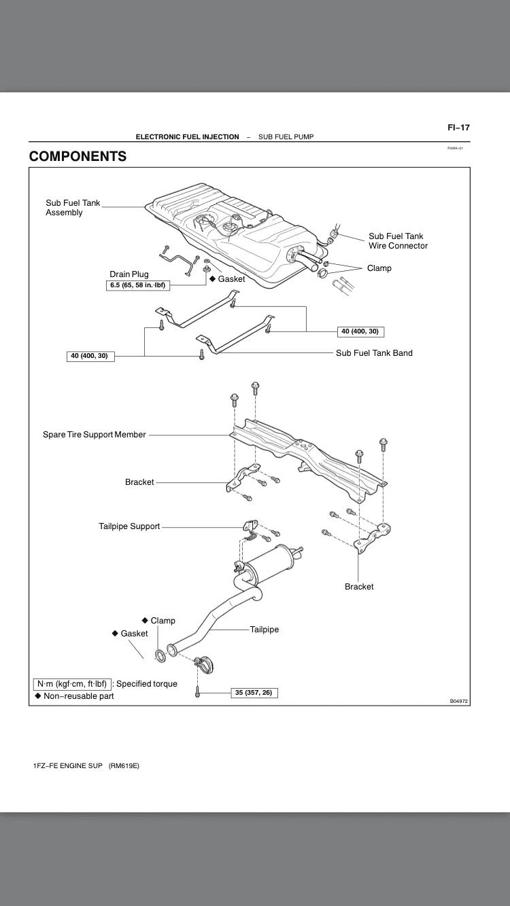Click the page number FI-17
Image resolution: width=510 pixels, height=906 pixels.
pos(458,127)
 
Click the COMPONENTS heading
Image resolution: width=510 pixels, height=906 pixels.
pos(78,156)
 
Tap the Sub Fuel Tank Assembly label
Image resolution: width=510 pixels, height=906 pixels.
pos(73,208)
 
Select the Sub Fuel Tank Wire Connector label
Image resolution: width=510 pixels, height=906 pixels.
pos(398,241)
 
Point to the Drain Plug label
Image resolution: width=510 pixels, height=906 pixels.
pos(129,274)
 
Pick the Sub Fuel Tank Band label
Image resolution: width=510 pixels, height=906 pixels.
pos(374,353)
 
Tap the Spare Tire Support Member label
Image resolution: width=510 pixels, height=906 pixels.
pos(95,435)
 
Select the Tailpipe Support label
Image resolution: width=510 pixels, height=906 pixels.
pos(129,526)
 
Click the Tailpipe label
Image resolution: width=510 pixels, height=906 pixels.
pos(265,630)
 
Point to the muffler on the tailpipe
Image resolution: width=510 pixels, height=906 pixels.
pos(268,563)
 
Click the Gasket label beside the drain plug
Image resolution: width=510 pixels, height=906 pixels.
pos(231,279)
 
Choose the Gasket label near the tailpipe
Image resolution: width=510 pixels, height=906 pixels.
pos(133,634)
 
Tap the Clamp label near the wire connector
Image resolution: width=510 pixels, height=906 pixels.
pos(379,268)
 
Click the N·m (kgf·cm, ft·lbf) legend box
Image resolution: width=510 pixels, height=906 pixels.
pos(72,684)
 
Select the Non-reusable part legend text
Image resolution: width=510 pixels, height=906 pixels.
pos(78,696)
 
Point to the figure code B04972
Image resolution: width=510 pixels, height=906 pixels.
pos(459,701)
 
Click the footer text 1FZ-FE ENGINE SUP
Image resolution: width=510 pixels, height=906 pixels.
pos(67,765)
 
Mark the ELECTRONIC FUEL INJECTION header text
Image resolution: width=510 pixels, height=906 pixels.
pos(187,137)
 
